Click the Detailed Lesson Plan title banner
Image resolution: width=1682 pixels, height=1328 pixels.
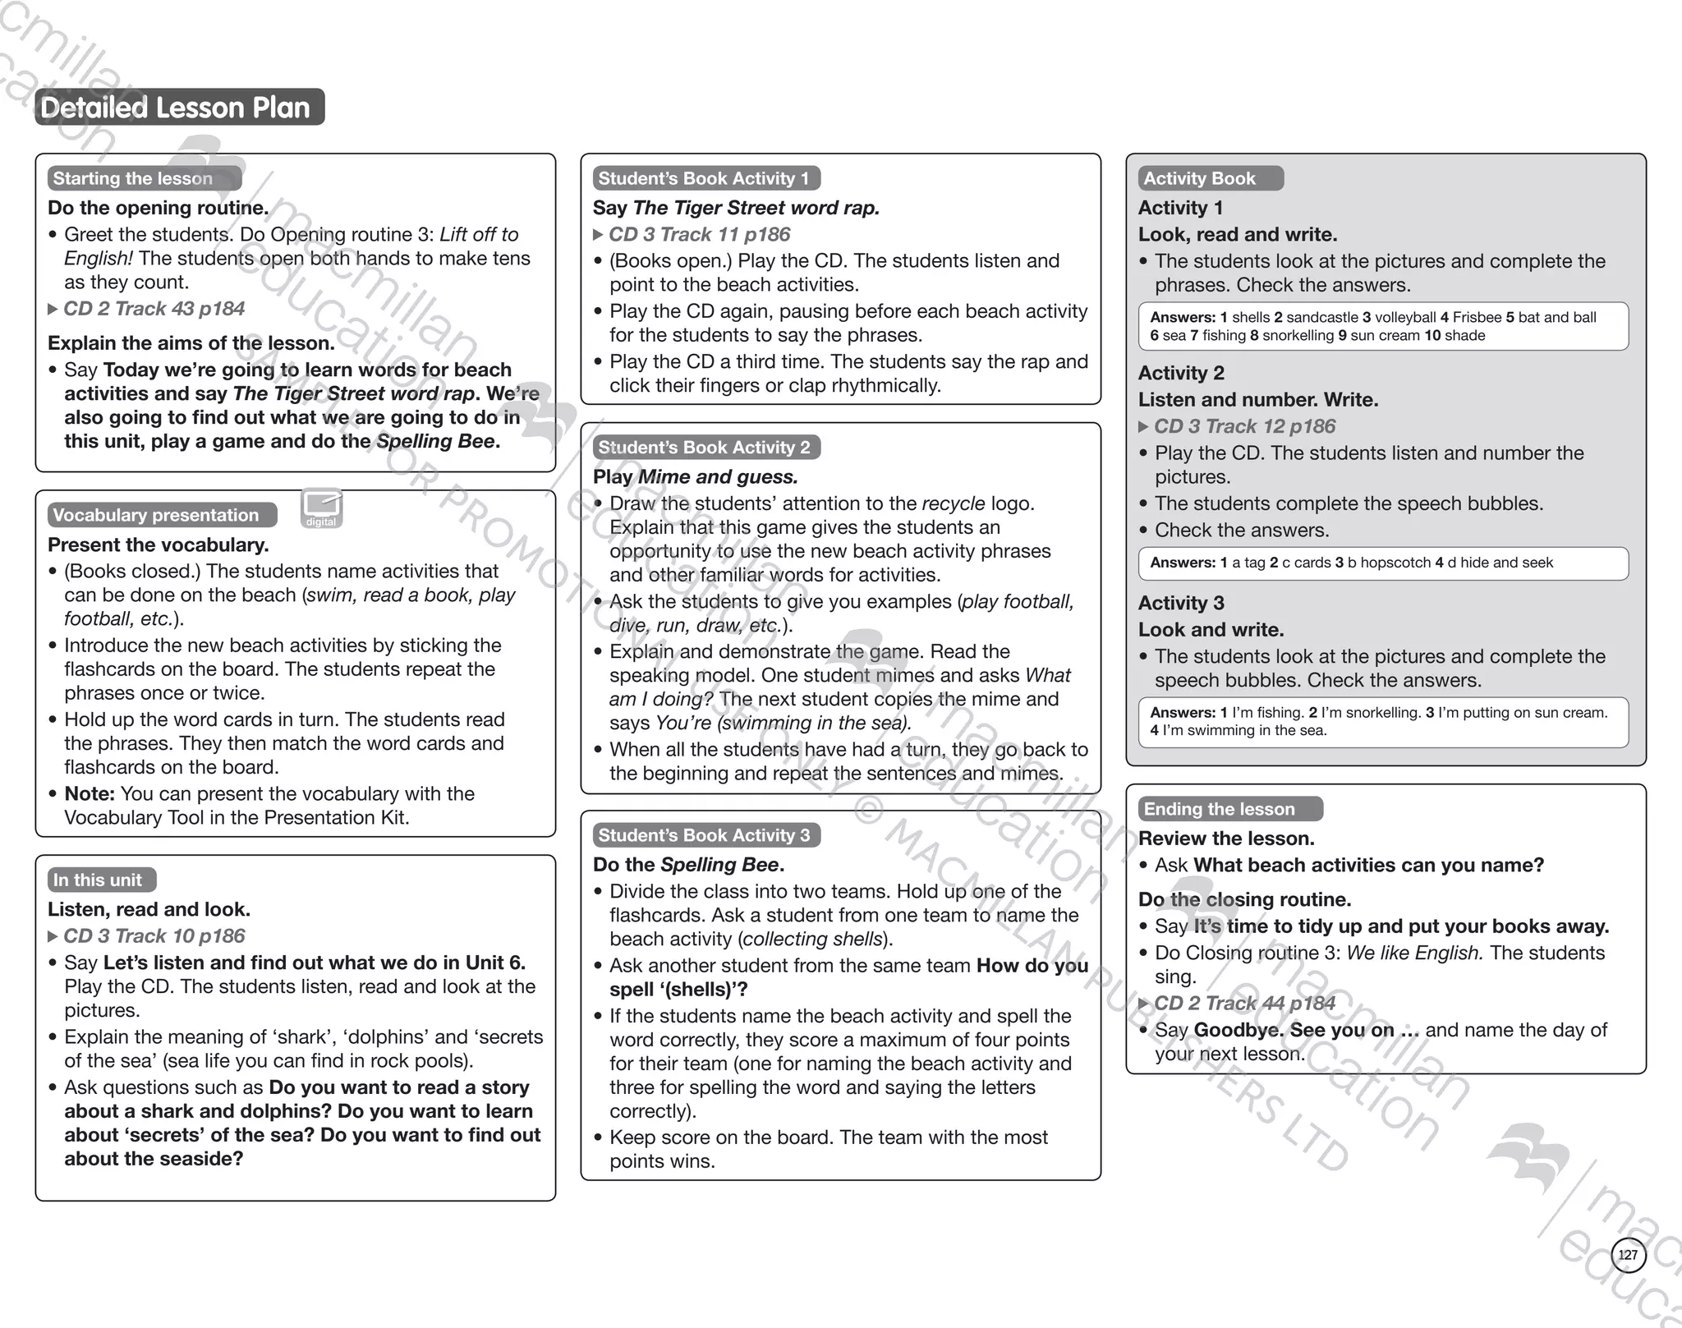pyautogui.click(x=179, y=108)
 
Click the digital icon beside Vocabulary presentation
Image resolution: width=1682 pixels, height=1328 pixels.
pyautogui.click(x=321, y=508)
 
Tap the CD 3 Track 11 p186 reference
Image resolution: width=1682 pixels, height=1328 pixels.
pyautogui.click(x=699, y=235)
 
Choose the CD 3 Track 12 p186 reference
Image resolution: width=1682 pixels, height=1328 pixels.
pyautogui.click(x=1244, y=426)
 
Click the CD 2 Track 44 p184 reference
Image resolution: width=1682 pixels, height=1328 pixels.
pyautogui.click(x=1244, y=1004)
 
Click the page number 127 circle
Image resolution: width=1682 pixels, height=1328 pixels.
pyautogui.click(x=1628, y=1255)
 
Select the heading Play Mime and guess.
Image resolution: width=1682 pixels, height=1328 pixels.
pyautogui.click(x=695, y=477)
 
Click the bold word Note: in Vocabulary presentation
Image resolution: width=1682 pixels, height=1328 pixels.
pyautogui.click(x=90, y=794)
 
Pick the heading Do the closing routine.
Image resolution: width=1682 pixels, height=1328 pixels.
pyautogui.click(x=1244, y=899)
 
